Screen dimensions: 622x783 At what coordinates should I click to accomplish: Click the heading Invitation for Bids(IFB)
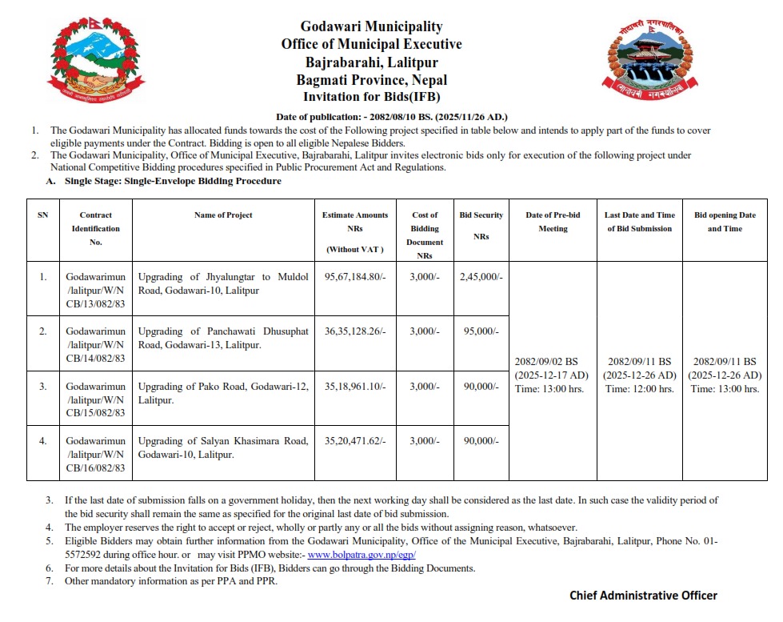click(x=371, y=98)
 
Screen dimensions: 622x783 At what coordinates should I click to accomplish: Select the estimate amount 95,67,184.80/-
click(x=355, y=277)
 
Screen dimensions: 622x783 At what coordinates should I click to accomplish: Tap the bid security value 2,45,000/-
click(x=481, y=277)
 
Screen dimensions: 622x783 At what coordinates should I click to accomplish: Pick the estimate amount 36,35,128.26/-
click(x=355, y=331)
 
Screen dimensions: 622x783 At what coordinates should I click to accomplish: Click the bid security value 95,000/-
click(x=481, y=331)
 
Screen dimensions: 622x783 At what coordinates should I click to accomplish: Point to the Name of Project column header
click(x=223, y=215)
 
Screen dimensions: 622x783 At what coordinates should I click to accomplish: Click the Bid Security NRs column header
click(x=481, y=225)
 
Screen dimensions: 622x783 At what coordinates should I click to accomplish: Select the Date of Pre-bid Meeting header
click(x=553, y=222)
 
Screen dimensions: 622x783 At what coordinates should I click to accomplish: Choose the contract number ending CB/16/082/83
click(x=96, y=468)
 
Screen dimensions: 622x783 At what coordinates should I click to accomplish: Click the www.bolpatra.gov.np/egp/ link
click(x=362, y=555)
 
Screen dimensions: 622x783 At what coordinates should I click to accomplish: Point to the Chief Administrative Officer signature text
click(x=643, y=596)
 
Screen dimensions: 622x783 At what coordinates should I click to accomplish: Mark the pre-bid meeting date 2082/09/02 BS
click(x=552, y=361)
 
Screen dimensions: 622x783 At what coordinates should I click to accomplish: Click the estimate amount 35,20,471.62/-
click(x=355, y=440)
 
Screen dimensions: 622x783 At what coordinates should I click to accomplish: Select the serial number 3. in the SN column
click(x=43, y=386)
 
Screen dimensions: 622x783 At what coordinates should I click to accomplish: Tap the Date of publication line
click(x=392, y=117)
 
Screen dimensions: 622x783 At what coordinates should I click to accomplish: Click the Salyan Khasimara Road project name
click(x=223, y=447)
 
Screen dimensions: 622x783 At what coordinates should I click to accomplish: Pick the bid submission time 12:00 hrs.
click(x=639, y=389)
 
